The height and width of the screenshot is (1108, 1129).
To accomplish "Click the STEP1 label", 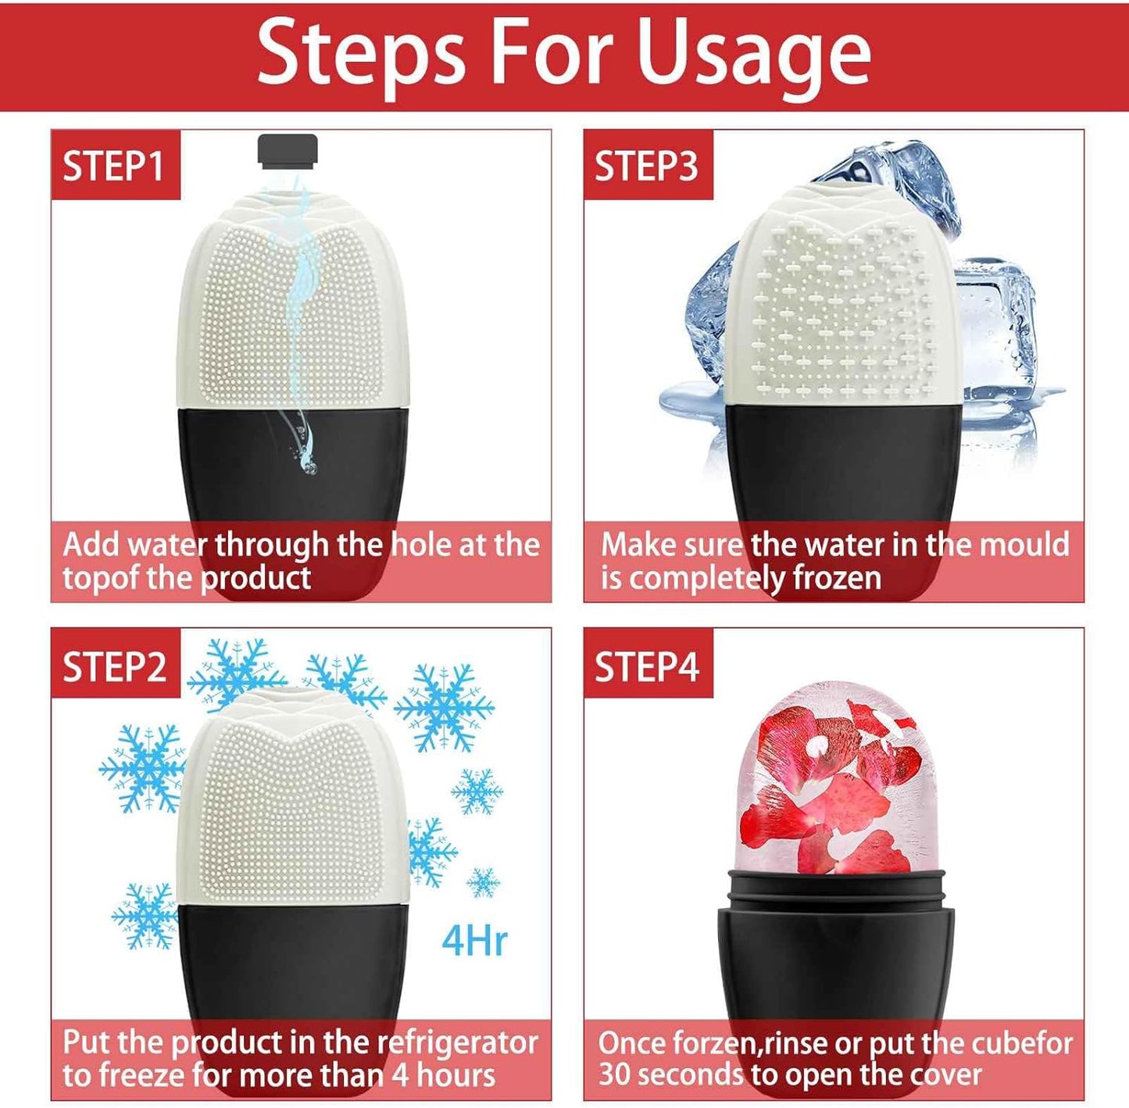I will [x=114, y=166].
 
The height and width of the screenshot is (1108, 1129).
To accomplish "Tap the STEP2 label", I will [x=114, y=667].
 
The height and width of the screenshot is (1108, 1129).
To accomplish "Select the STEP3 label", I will [x=646, y=166].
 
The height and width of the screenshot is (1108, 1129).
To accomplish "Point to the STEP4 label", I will [x=646, y=667].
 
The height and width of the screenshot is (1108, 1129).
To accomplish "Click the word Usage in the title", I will [x=753, y=53].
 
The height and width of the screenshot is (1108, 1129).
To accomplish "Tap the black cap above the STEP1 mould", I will [x=288, y=151].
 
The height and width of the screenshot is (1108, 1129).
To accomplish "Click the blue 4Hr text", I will [x=474, y=940].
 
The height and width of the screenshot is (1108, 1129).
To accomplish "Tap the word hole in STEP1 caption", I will [x=421, y=545].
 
